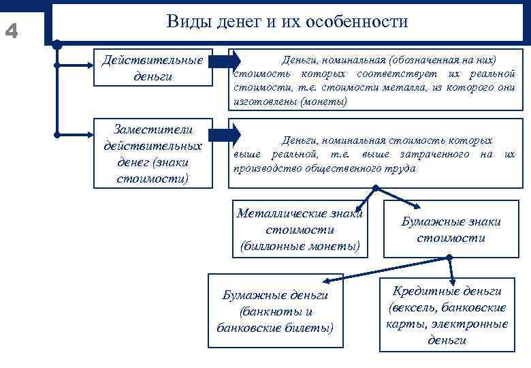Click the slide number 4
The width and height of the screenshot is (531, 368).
[x=12, y=31]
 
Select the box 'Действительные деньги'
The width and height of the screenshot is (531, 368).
[x=152, y=67]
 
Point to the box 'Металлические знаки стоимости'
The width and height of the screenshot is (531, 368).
[x=300, y=228]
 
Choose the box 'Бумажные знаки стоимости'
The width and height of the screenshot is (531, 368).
[x=451, y=230]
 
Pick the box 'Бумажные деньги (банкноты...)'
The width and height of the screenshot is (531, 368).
[x=275, y=311]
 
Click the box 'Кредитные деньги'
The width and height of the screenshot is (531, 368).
[x=447, y=315]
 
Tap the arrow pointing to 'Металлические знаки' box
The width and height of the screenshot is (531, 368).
[x=361, y=200]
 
